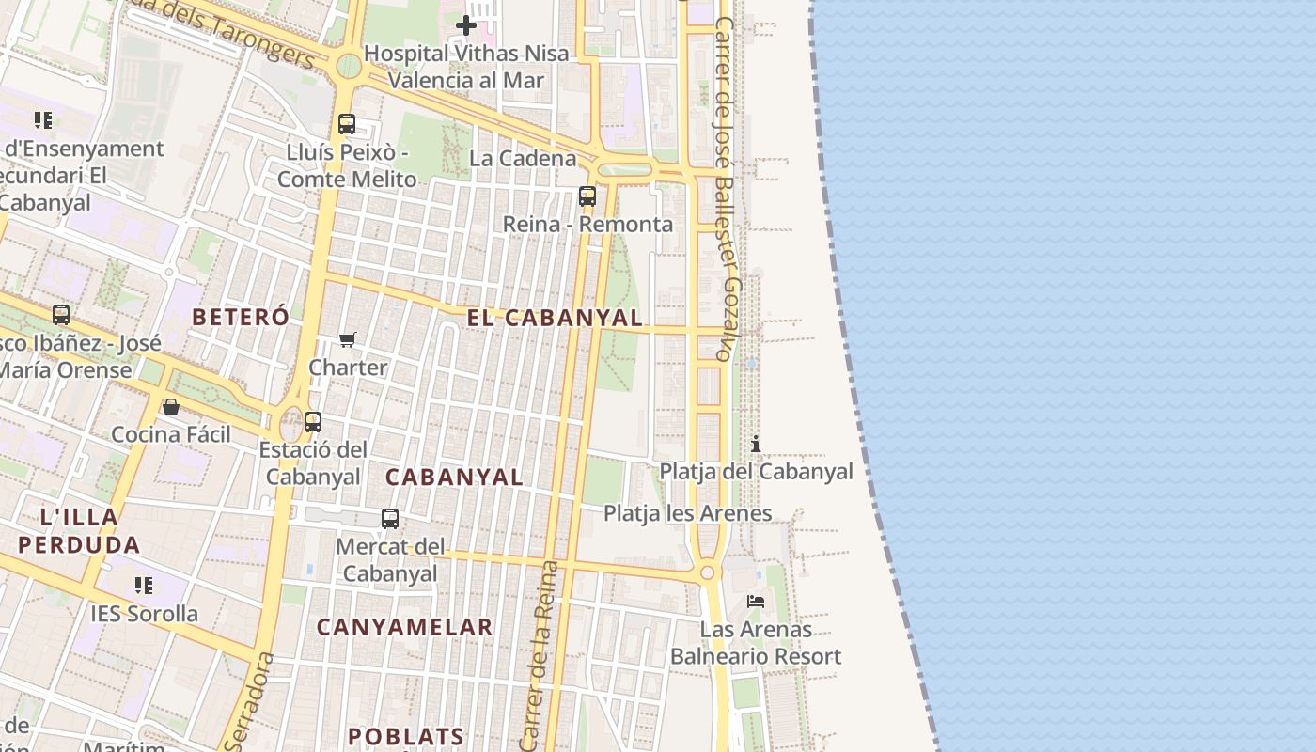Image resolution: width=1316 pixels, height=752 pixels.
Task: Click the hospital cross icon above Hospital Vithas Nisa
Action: [x=465, y=25]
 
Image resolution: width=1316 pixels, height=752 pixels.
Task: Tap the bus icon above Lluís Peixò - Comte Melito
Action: [x=347, y=124]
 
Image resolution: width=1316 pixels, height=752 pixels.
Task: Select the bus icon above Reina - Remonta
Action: [x=587, y=196]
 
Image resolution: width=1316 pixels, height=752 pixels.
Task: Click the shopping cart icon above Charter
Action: [x=348, y=339]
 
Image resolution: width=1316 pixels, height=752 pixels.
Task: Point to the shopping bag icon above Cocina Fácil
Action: [x=171, y=407]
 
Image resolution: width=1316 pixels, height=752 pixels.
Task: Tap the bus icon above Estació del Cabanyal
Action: [x=313, y=422]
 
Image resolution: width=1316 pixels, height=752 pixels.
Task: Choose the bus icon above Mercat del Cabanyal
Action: [x=389, y=518]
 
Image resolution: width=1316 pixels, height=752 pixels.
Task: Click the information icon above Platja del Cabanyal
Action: [x=756, y=444]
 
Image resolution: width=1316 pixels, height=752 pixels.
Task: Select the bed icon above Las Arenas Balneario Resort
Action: [x=756, y=602]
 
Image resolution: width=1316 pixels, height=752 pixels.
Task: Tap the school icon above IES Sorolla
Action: [x=144, y=586]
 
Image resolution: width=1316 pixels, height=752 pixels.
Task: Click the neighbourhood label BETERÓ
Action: [x=241, y=318]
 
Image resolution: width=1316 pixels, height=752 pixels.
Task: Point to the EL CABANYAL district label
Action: [x=555, y=318]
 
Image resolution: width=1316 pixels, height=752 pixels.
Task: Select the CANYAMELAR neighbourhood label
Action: [x=404, y=627]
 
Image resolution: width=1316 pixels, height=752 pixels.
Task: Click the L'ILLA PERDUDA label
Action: [x=79, y=530]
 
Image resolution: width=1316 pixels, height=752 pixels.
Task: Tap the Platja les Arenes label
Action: [x=687, y=513]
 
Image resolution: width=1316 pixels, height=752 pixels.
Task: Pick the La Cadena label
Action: [x=523, y=158]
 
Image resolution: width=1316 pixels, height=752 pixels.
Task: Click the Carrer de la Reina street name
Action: [x=538, y=658]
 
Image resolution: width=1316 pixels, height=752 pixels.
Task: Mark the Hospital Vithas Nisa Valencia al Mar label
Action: [x=466, y=67]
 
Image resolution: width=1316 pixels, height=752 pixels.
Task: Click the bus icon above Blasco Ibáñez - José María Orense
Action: [x=61, y=315]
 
